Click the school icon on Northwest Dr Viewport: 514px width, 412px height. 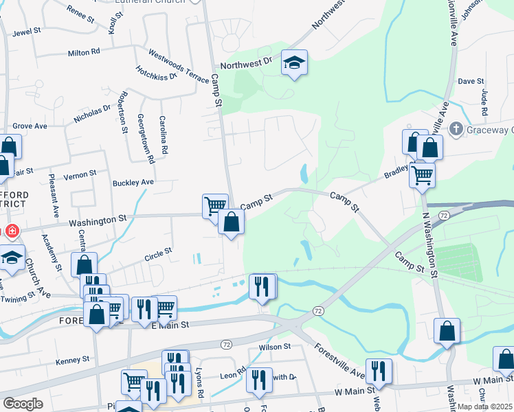295,64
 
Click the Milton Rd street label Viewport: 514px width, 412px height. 84,52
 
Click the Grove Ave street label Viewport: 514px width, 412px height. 30,126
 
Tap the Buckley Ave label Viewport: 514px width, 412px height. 133,183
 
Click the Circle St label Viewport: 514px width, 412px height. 158,255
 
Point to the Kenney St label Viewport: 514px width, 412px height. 73,359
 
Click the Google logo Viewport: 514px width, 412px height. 23,404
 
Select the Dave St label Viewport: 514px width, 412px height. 471,81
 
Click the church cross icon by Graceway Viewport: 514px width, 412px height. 455,128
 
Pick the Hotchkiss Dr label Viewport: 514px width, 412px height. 157,73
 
